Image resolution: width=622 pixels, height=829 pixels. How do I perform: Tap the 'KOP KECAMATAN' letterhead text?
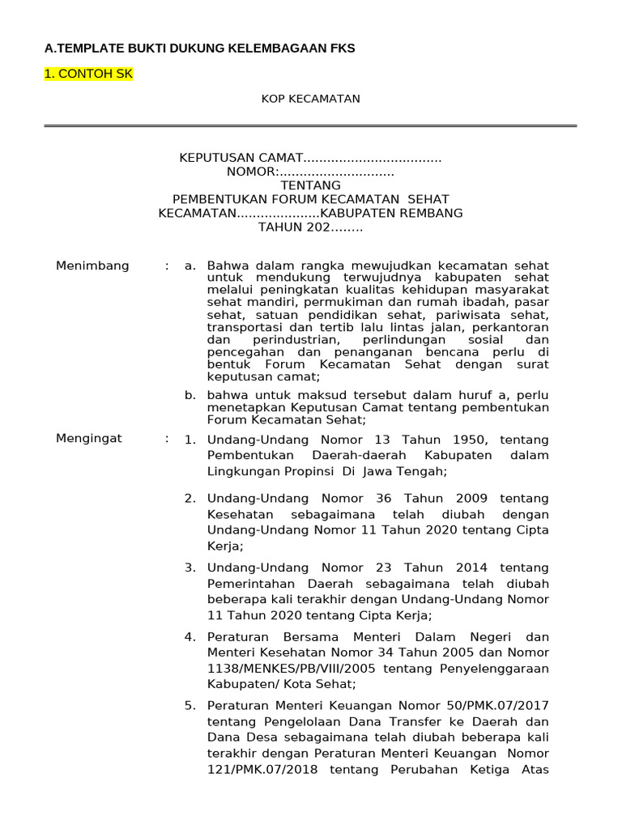(x=310, y=99)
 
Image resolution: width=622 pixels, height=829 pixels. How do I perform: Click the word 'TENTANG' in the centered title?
(x=310, y=185)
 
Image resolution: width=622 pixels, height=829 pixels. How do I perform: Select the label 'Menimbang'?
(x=92, y=266)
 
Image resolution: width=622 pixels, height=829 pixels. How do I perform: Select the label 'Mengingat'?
(x=89, y=439)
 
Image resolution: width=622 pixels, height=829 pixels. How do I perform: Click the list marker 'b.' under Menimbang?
(x=191, y=395)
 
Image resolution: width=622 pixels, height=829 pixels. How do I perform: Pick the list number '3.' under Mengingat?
(x=190, y=568)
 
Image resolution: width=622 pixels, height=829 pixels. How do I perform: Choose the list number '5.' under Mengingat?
(x=190, y=705)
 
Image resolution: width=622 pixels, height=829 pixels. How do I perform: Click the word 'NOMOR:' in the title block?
(x=253, y=172)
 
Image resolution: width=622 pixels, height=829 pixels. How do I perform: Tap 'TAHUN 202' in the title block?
(x=293, y=227)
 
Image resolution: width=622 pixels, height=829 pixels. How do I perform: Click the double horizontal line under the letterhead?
(x=310, y=125)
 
